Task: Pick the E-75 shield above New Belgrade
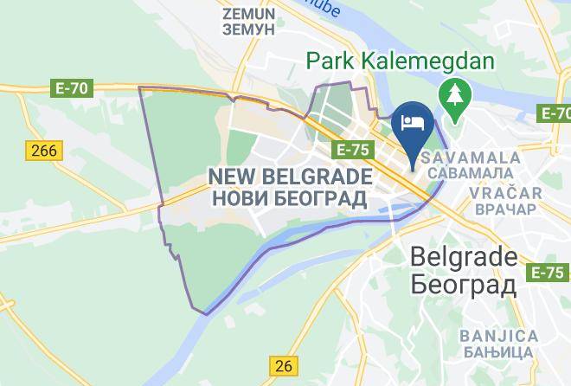353,151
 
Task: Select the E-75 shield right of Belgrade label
547,273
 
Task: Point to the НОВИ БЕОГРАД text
291,199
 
